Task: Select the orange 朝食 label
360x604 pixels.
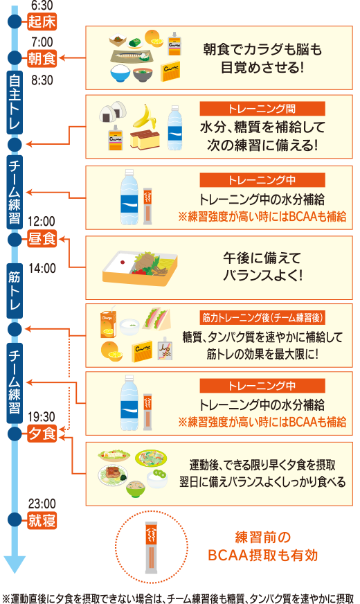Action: point(41,57)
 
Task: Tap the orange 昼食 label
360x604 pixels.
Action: point(41,240)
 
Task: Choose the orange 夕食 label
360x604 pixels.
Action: point(41,434)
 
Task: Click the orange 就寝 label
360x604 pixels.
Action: point(41,519)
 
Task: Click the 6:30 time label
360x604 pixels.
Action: point(41,5)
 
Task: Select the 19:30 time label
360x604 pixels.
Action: point(41,417)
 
